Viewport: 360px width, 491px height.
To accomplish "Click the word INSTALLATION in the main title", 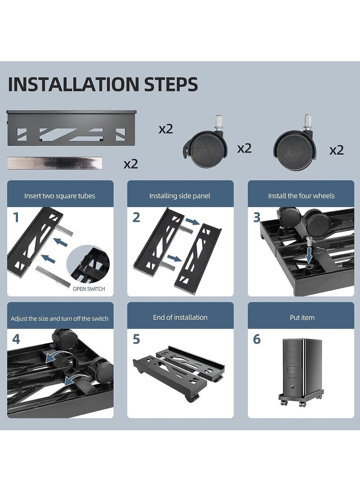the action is (x=73, y=84).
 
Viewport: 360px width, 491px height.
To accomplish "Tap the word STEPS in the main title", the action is (x=171, y=84).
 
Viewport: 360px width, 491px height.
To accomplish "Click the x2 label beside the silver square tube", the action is (x=130, y=164).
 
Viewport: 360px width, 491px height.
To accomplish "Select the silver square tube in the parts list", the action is (x=55, y=163).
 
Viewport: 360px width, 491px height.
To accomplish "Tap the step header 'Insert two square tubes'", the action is (x=60, y=196).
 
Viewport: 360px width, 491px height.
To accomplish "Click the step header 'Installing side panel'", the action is (x=180, y=196).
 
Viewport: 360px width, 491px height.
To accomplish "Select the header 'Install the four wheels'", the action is (x=301, y=196).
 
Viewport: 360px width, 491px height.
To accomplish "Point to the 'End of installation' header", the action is (x=180, y=318).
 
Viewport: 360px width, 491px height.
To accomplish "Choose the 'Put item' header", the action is (x=302, y=318).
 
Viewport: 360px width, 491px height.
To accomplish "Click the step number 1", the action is (x=16, y=217).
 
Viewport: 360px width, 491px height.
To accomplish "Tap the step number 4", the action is (x=16, y=339).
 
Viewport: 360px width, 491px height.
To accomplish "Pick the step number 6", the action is (x=256, y=339).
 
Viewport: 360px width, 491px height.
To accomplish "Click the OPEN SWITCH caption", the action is (x=89, y=289).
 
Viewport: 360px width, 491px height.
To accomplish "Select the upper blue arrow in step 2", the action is (x=193, y=222).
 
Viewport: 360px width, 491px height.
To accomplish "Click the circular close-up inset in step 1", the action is (x=89, y=264).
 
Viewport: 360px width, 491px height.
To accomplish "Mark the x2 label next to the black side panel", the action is (x=166, y=129).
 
